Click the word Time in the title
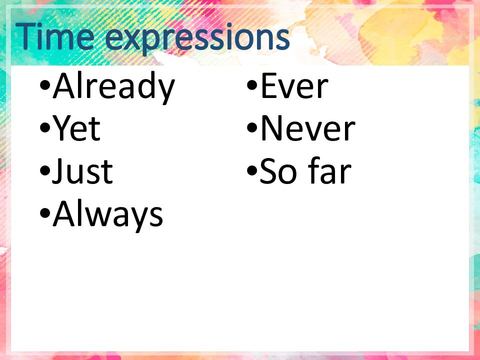click(55, 36)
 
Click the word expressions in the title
click(197, 39)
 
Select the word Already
click(114, 86)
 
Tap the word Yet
click(76, 127)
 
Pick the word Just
click(82, 171)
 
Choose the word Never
click(308, 128)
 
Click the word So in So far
click(278, 171)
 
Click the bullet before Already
click(44, 85)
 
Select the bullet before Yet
click(44, 128)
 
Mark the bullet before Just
click(44, 171)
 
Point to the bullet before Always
click(44, 213)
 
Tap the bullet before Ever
click(252, 85)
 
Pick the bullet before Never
click(252, 128)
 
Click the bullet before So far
click(252, 171)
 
